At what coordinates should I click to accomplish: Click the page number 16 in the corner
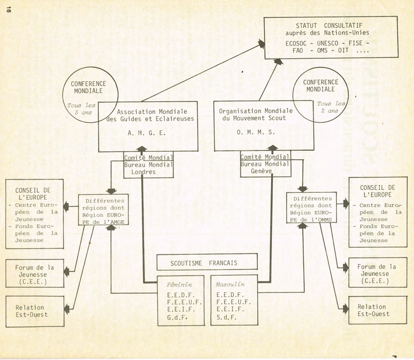click(8, 11)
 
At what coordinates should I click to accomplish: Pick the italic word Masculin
click(230, 284)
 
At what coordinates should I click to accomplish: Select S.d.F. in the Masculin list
click(227, 317)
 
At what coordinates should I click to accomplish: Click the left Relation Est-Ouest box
click(30, 311)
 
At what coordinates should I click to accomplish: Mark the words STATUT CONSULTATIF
click(331, 25)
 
